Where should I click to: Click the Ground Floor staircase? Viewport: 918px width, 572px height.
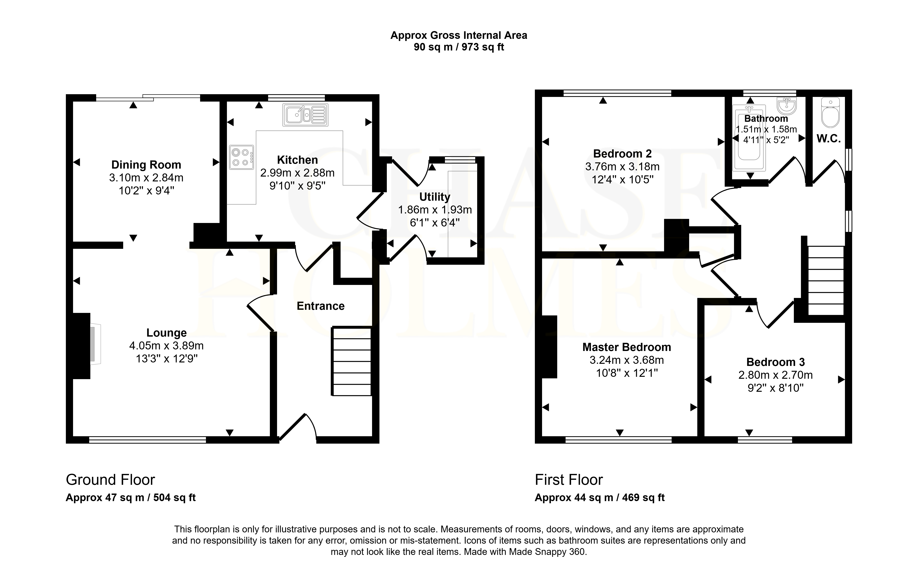pos(351,361)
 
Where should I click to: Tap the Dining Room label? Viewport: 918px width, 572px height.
pos(146,165)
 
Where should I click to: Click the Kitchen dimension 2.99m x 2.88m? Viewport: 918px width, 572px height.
pos(297,173)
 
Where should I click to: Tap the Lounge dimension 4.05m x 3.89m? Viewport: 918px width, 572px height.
pos(167,346)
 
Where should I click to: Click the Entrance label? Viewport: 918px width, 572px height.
pos(321,306)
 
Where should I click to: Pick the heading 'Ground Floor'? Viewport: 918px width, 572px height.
pos(111,480)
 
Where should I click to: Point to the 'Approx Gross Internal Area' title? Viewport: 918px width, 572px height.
pos(459,36)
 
